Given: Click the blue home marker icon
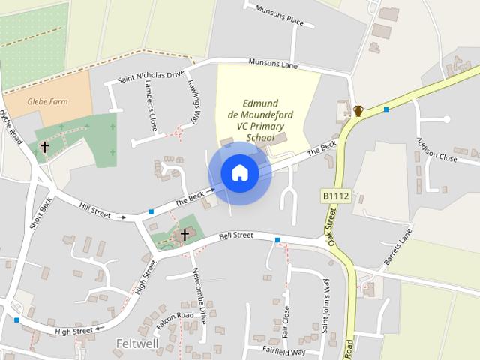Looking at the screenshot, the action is (x=239, y=173).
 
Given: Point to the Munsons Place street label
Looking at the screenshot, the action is (x=280, y=16).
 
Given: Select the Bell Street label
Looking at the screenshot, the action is (x=235, y=235).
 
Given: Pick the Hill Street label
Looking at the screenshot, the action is (x=93, y=211).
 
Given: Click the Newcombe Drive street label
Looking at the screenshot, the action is (x=199, y=289).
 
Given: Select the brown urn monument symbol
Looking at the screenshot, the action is (x=358, y=111).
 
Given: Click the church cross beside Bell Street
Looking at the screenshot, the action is (x=184, y=235).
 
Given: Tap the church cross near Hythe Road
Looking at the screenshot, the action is (x=45, y=147).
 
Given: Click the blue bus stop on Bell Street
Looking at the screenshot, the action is (x=277, y=240).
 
